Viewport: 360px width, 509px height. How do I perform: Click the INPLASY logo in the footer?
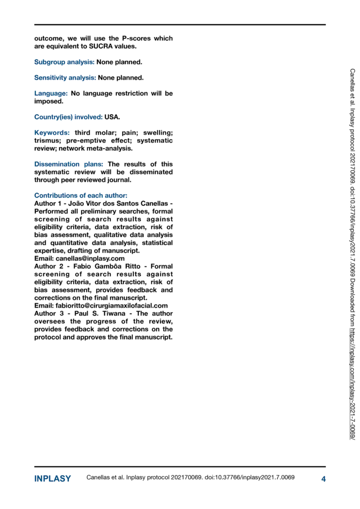pos(52,479)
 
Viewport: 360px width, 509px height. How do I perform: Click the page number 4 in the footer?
pos(323,479)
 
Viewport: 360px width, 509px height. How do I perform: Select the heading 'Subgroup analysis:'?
pos(65,63)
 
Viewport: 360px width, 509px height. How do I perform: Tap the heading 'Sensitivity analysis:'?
pos(65,78)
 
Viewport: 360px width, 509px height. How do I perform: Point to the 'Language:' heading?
pos(50,93)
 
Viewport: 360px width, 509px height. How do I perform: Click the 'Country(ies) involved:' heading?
pos(68,117)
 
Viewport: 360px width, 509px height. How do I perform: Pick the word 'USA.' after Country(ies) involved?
pos(112,117)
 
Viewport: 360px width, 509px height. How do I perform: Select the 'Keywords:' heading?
pos(52,133)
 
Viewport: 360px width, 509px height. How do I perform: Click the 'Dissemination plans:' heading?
pos(69,164)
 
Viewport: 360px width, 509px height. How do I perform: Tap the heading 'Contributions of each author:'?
pos(81,195)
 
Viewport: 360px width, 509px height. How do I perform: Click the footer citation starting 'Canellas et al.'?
pos(190,478)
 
